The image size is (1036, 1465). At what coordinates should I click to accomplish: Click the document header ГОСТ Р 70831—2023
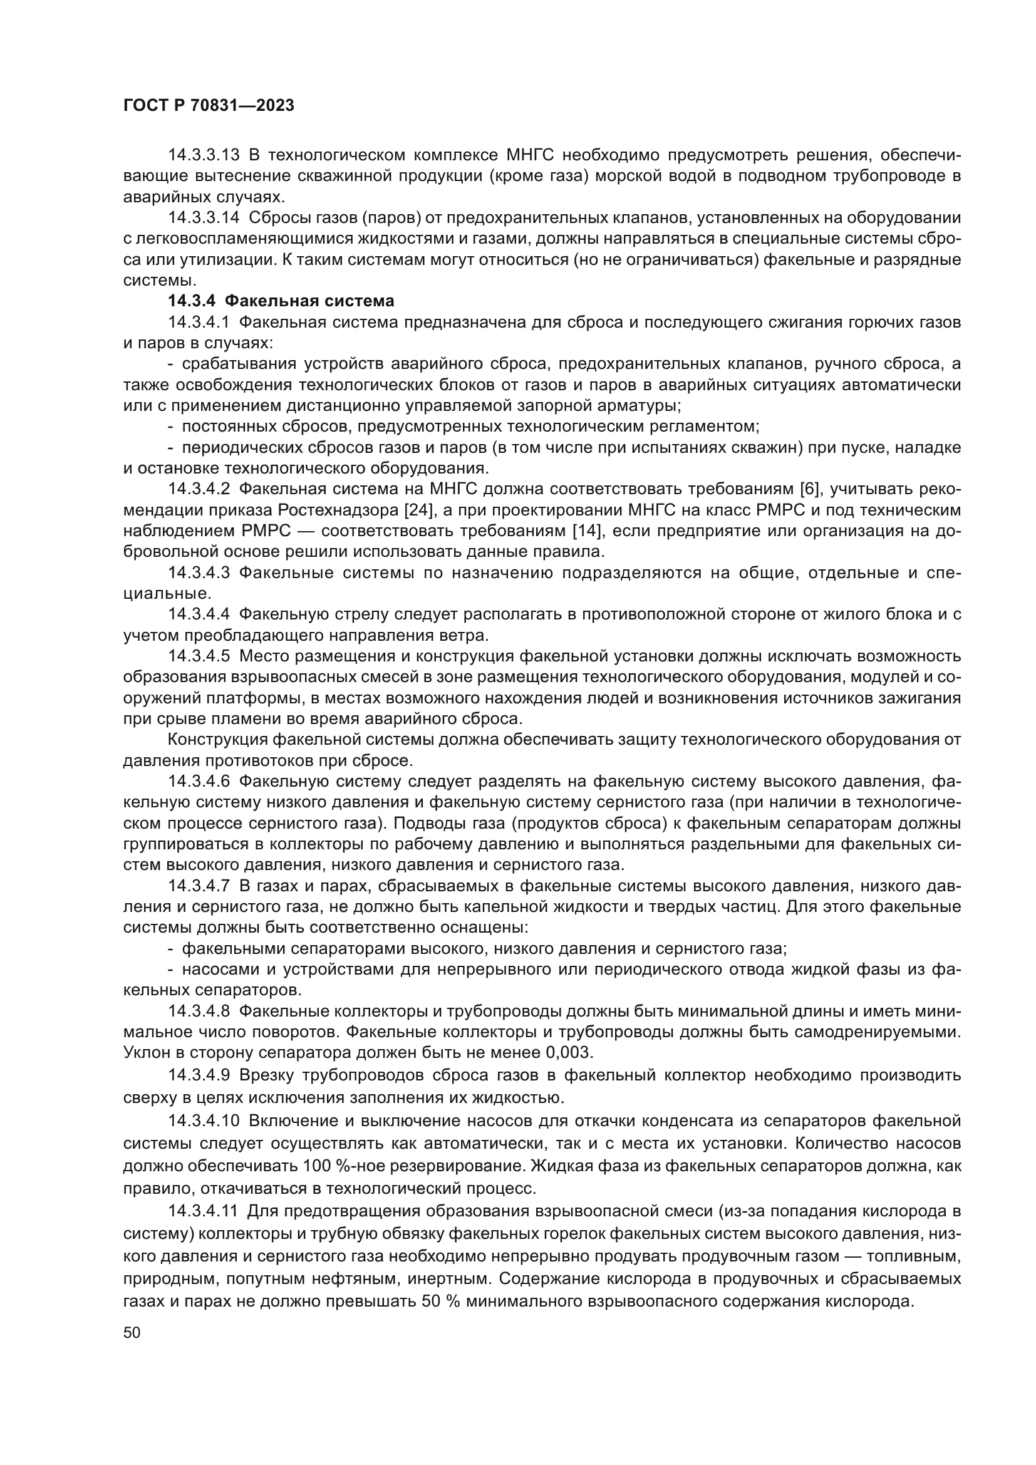point(209,106)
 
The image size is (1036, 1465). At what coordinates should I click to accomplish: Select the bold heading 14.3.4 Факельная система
point(281,301)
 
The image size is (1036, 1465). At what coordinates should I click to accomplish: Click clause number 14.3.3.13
point(204,155)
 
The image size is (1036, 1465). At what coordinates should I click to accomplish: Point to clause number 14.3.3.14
point(204,217)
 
